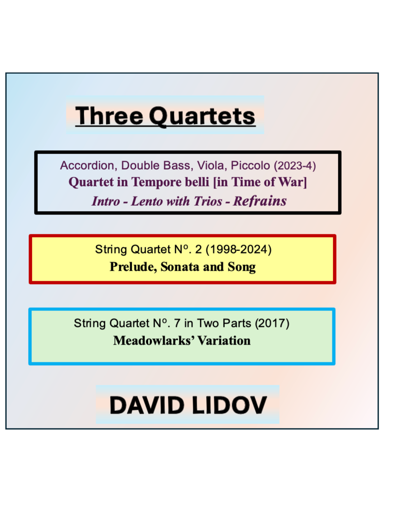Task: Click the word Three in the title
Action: [109, 116]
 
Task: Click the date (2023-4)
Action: [295, 166]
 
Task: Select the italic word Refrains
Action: [260, 201]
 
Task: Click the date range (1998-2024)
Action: [239, 249]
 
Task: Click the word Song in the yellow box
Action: [242, 267]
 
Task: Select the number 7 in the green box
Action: [177, 323]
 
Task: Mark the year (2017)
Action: [272, 323]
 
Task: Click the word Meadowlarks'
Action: [154, 341]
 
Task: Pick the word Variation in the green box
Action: [224, 341]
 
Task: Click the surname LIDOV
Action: [229, 405]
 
